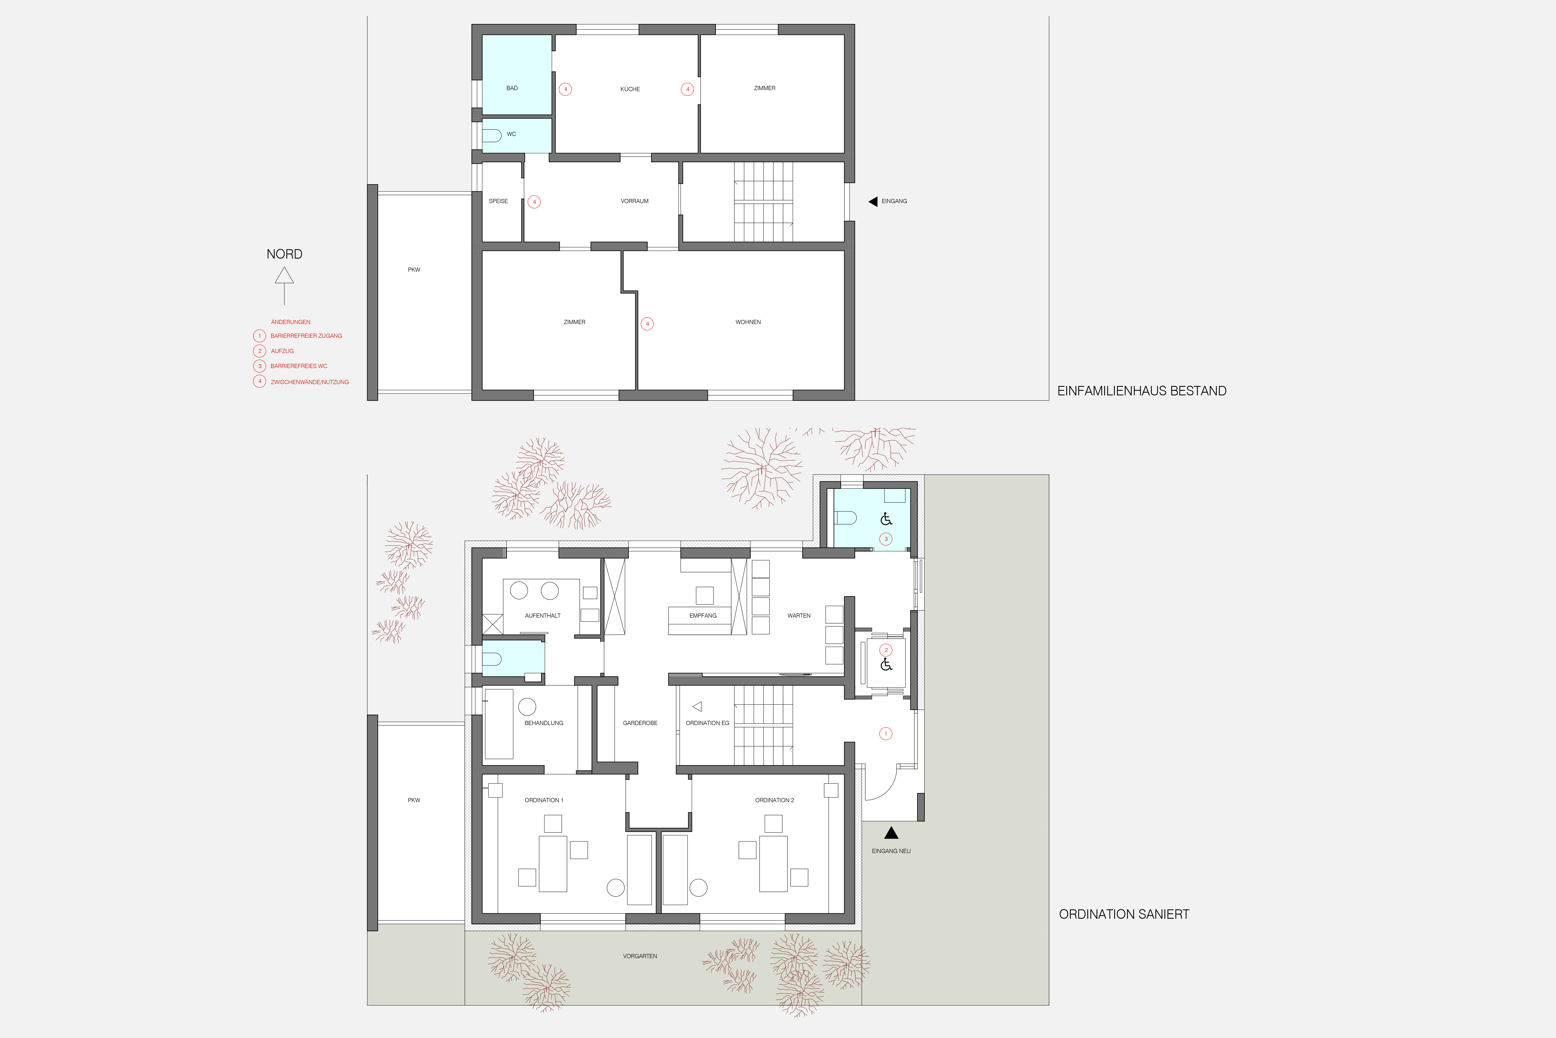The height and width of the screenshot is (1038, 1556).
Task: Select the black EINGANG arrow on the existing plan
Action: click(x=873, y=201)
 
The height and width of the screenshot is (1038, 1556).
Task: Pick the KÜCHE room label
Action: click(x=630, y=89)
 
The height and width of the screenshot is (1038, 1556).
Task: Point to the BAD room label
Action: click(x=512, y=88)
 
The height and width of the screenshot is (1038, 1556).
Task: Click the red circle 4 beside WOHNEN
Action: click(x=647, y=324)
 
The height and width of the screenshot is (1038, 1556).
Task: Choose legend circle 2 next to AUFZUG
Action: click(x=259, y=351)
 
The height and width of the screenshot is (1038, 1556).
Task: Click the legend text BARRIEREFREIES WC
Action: click(x=299, y=366)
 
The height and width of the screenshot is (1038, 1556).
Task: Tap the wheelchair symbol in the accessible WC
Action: click(x=886, y=519)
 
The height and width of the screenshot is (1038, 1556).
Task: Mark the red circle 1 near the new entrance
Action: click(x=886, y=733)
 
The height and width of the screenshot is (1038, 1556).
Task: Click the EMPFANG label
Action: click(x=703, y=616)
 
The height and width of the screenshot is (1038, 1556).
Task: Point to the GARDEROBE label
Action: click(x=640, y=723)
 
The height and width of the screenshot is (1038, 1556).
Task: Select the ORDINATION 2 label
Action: click(x=774, y=800)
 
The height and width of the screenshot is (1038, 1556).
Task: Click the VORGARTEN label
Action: click(x=640, y=956)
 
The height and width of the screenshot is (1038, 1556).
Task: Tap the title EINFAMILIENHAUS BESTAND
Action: click(x=1142, y=391)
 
